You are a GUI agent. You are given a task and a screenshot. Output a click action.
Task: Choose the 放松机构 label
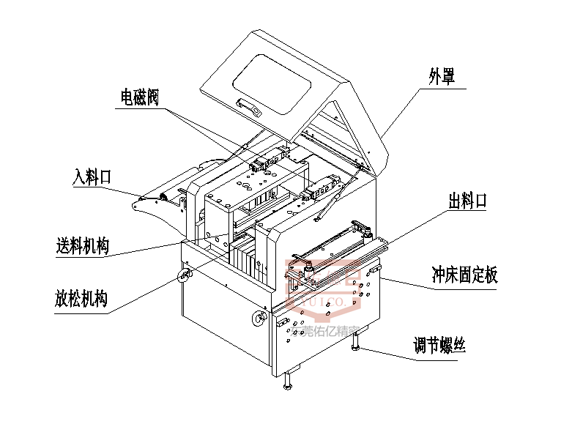click(x=81, y=299)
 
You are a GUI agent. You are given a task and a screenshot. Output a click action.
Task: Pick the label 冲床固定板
click(x=464, y=275)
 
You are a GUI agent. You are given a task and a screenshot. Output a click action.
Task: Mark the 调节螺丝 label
click(x=439, y=345)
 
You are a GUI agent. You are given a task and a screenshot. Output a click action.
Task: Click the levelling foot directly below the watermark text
click(x=289, y=382)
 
